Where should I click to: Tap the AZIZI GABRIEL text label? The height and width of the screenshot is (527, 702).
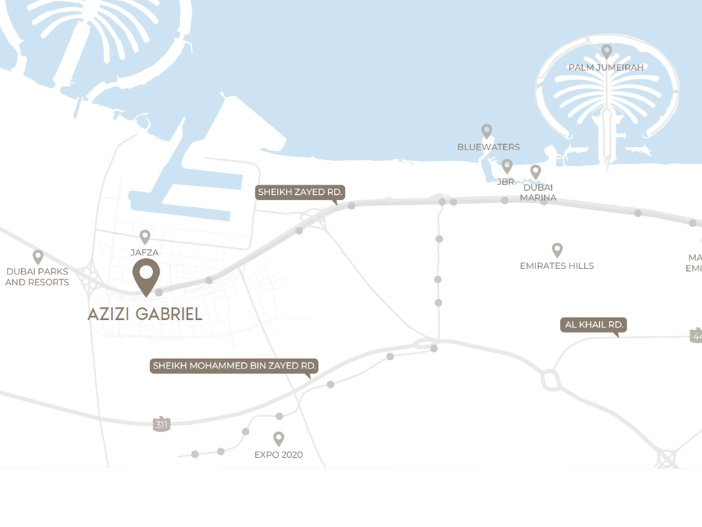pos(145,314)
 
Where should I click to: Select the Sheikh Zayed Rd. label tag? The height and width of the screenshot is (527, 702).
pos(300,192)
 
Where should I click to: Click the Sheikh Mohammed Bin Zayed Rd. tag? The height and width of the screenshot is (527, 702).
pos(234,366)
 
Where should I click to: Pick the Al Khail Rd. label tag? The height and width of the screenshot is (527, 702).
pos(594,325)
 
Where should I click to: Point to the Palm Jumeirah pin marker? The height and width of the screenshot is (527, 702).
pos(606,51)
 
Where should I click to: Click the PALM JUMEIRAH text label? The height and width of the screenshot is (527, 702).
pos(606,67)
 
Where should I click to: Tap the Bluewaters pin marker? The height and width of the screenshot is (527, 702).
pos(487,131)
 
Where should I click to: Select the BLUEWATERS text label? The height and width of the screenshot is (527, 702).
pos(488,147)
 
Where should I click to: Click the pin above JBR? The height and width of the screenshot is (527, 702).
pos(507,166)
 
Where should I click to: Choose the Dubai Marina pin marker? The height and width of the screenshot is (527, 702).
pos(535,172)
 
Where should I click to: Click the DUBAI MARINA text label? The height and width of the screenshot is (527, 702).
pos(538,192)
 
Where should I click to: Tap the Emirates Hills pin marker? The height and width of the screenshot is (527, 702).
pos(557,250)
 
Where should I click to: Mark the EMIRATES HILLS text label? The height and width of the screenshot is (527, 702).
pos(557,266)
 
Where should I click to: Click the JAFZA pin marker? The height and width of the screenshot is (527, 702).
pos(145,237)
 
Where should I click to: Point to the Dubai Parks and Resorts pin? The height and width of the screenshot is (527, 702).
pos(38,257)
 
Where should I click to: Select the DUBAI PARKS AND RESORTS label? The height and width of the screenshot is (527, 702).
pos(37,277)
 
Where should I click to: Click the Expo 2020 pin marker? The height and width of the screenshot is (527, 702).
pos(278,438)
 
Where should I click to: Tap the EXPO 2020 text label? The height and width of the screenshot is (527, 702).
pos(278,454)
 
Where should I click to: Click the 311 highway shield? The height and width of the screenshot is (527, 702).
pos(161,424)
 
